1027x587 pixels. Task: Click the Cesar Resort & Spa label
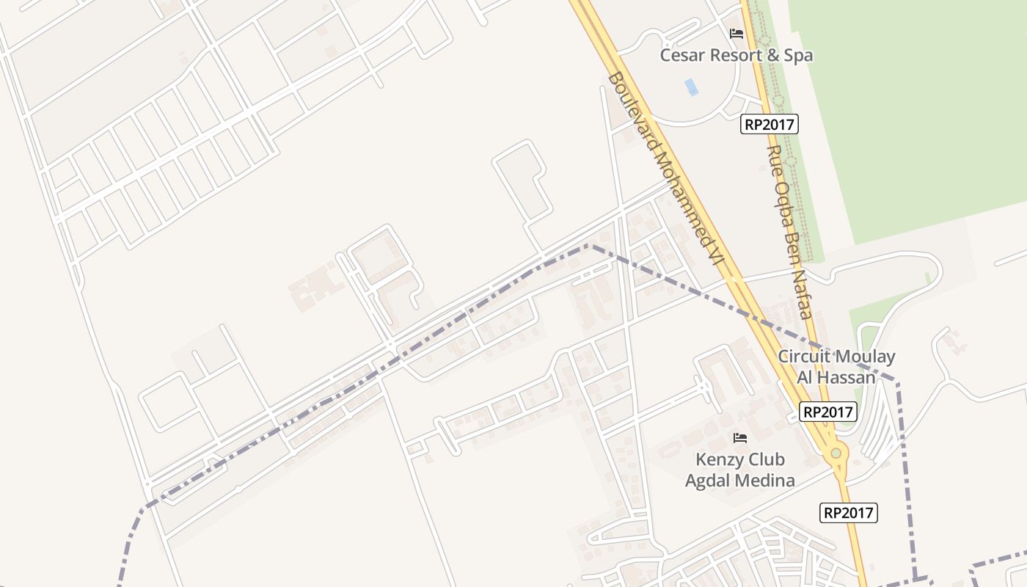tap(736, 55)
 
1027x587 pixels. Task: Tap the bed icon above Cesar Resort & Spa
tap(737, 34)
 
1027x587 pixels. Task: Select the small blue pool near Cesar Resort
tap(691, 87)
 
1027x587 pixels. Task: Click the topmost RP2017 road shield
tap(769, 124)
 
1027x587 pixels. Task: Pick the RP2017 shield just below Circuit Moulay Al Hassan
tap(828, 412)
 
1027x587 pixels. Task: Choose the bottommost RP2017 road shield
tap(848, 512)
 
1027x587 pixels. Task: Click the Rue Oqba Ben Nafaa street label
tap(789, 231)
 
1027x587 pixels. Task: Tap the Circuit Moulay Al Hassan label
tap(836, 367)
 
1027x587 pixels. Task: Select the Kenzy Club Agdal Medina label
tap(739, 470)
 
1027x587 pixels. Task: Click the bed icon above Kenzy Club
tap(740, 438)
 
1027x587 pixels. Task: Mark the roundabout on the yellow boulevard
tap(836, 454)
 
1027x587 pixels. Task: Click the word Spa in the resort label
tap(797, 55)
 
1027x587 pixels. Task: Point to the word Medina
tap(767, 481)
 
